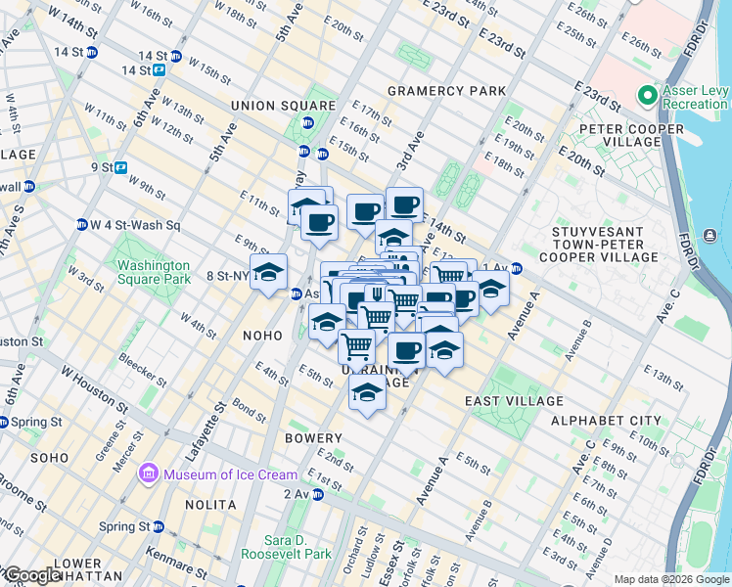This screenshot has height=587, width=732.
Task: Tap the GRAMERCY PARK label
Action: click(x=446, y=91)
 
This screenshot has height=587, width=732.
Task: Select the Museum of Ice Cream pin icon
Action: click(x=149, y=474)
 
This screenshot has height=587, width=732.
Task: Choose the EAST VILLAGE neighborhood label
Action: click(x=514, y=401)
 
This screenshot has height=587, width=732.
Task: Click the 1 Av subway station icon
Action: click(x=516, y=268)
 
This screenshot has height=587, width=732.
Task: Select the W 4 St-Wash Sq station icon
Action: click(x=82, y=225)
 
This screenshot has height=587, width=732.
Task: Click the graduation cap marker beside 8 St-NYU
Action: click(x=267, y=273)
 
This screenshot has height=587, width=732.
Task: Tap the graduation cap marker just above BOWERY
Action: click(x=367, y=393)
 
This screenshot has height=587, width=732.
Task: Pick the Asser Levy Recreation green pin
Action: click(x=646, y=96)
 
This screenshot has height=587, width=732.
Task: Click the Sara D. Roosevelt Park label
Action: click(x=298, y=547)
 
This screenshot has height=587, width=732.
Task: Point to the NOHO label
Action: click(x=262, y=335)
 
